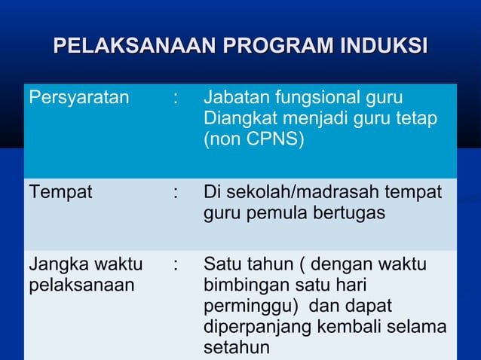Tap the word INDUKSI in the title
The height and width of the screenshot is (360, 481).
pos(384,44)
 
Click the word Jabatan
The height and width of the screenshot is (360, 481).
pos(233,98)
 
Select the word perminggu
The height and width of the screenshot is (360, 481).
pos(243,307)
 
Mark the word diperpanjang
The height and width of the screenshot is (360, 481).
pos(255,328)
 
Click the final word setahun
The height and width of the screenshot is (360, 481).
pos(236,348)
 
